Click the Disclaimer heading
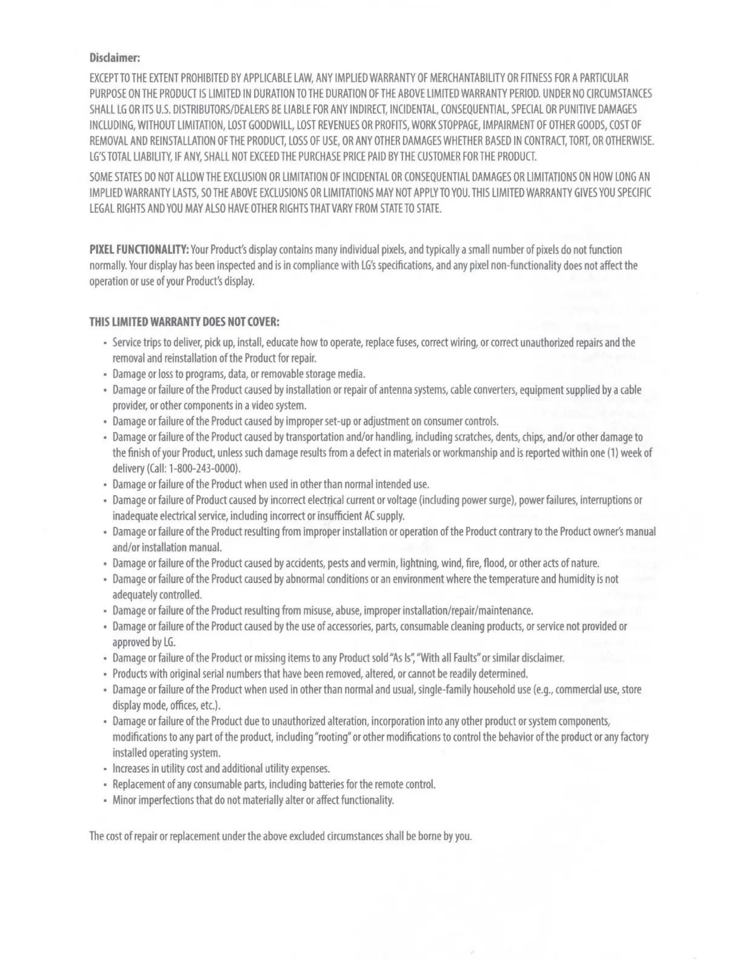coord(115,58)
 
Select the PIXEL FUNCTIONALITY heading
coord(139,250)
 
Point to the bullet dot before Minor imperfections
coord(105,801)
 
